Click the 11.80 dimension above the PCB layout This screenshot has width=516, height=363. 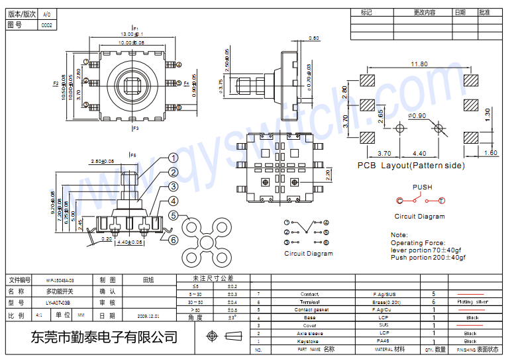point(419,64)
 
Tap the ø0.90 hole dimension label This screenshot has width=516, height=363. point(418,116)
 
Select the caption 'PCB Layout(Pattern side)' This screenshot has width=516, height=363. point(411,166)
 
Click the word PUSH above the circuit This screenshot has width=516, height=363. point(422,187)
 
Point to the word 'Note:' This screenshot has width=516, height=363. point(399,235)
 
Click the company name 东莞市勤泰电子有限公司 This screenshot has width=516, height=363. point(104,337)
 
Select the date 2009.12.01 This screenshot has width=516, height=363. point(148,316)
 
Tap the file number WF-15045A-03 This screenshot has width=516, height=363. point(60,280)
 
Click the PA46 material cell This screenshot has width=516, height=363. point(384,341)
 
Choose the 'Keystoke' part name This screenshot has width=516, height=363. point(309,341)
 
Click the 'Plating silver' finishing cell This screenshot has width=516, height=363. point(473,301)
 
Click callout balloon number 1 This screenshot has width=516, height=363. point(173,158)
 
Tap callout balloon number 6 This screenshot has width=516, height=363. point(173,240)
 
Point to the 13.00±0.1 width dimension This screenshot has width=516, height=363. point(132,34)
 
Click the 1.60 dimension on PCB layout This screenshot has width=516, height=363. point(491,153)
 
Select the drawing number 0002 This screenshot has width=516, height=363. point(46,25)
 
